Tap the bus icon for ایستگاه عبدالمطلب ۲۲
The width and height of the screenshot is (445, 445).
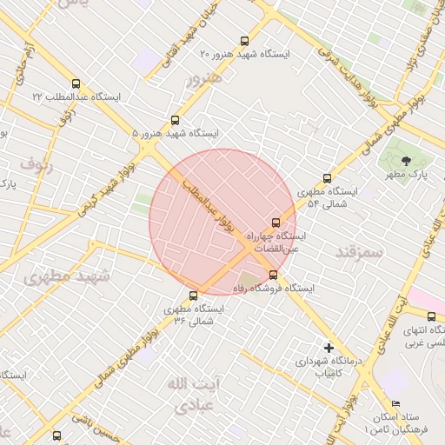coord(76,84)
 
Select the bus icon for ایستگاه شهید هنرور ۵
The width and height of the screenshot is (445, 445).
coord(175,120)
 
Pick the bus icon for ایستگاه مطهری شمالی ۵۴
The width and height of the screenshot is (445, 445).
coord(327,177)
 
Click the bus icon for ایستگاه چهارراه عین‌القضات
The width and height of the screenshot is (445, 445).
coord(276,222)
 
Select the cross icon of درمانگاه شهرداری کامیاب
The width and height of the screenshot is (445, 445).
coord(329,347)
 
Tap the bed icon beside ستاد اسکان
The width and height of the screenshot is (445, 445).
coord(396,404)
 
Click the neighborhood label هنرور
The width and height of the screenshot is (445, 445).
coord(204,79)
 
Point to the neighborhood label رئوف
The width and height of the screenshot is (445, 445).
coord(37,163)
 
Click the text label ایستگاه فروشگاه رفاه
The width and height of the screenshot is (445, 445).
coord(273,288)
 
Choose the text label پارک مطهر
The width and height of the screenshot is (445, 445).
coord(406,175)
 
